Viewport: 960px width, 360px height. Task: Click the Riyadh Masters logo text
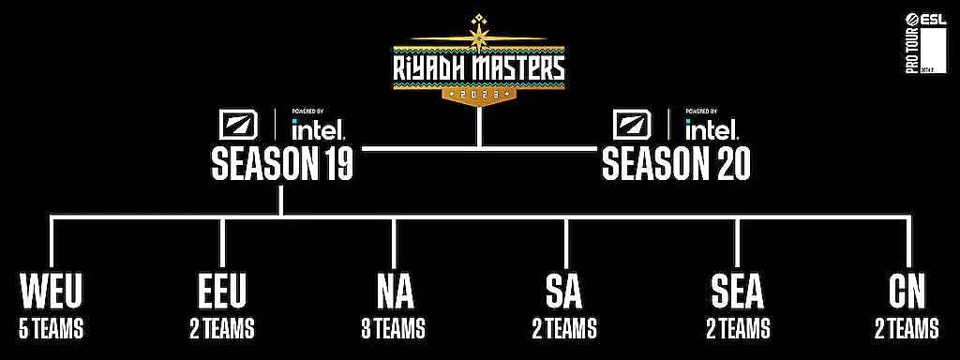tap(479, 67)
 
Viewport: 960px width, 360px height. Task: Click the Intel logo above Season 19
tap(319, 126)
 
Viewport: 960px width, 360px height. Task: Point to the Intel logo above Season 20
tap(712, 126)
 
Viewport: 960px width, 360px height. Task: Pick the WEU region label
tap(51, 293)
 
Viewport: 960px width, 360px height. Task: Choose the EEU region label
tap(221, 293)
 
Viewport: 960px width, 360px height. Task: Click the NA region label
tap(393, 293)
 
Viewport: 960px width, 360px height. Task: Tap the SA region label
tap(564, 293)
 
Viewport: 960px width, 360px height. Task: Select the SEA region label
tap(737, 293)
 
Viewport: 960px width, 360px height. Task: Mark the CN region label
tap(907, 293)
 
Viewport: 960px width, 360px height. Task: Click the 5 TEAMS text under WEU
tap(51, 329)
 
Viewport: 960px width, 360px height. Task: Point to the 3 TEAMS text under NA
tap(393, 329)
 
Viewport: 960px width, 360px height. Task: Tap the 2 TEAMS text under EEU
tap(221, 329)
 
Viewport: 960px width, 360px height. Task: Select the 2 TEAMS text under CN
tap(907, 329)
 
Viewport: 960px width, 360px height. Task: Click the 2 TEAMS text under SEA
tap(737, 329)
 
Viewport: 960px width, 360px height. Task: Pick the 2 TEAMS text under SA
tap(564, 329)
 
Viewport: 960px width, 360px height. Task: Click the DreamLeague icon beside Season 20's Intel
tap(630, 123)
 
